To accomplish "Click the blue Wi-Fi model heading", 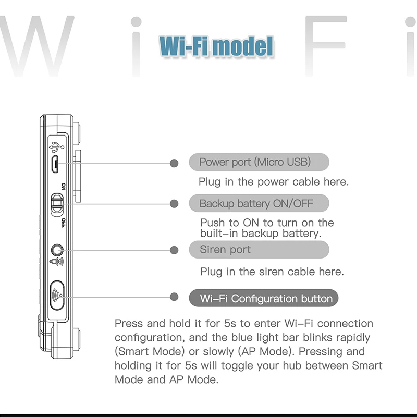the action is (x=215, y=46).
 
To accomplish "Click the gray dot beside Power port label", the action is (x=175, y=163).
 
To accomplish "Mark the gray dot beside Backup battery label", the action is (x=175, y=203).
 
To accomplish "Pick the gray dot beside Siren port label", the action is (x=175, y=249).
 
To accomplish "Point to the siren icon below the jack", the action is (x=56, y=262).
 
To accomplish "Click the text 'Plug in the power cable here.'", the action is (x=273, y=182).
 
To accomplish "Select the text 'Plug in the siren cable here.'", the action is (x=272, y=272).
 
